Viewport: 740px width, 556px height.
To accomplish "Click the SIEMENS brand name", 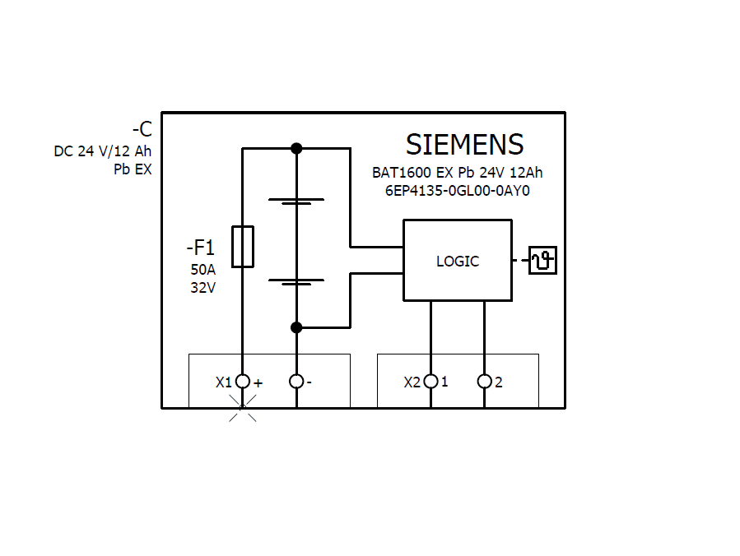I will coord(464,145).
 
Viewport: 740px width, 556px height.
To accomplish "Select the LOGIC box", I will coord(457,261).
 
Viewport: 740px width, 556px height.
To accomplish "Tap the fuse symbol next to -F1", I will coord(242,246).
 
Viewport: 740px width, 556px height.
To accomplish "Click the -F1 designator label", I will coord(199,248).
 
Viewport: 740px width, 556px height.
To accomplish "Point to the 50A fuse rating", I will coord(202,270).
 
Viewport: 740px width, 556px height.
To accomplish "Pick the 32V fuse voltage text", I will coord(202,288).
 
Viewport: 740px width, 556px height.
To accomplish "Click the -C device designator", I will coord(142,129).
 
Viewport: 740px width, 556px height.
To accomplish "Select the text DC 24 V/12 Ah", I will coord(103,151).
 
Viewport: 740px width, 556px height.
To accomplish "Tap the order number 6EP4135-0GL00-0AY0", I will coord(457,190).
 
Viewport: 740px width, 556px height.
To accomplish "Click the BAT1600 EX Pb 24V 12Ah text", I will coord(457,173).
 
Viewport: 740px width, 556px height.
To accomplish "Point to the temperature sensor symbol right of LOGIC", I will coord(542,261).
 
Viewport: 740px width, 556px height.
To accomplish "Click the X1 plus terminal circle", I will coord(242,381).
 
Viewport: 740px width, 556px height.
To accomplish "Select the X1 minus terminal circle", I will coord(297,381).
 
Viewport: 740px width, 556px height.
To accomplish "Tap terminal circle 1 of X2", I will coord(430,381).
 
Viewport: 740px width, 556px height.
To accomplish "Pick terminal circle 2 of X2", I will coord(484,381).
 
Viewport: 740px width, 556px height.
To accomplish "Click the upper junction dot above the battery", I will coord(297,148).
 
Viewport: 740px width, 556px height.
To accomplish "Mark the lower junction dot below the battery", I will coord(297,327).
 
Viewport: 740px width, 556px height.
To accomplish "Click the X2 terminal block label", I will coord(412,382).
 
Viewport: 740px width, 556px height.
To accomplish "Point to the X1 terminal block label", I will coord(224,382).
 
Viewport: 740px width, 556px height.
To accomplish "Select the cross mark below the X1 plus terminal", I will coord(242,408).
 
